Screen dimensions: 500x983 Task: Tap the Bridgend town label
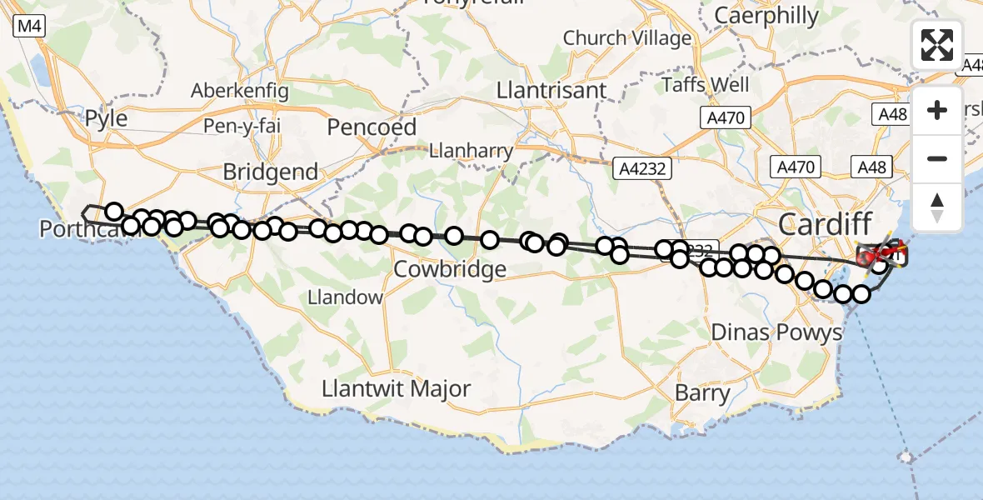[271, 172]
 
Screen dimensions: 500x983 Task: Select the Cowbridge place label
[450, 269]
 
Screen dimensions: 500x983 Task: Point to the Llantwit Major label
[397, 388]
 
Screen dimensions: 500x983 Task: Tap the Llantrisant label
[551, 90]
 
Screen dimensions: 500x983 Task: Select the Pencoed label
[372, 127]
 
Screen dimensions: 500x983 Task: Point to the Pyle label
[107, 118]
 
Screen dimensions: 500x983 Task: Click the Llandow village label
[345, 297]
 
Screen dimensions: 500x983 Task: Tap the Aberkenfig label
[239, 91]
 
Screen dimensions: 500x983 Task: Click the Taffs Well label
[706, 84]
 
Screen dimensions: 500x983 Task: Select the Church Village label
[627, 37]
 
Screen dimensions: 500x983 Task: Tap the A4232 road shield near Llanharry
[641, 169]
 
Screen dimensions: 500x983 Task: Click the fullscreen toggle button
[937, 45]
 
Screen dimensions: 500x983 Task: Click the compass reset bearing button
[937, 206]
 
